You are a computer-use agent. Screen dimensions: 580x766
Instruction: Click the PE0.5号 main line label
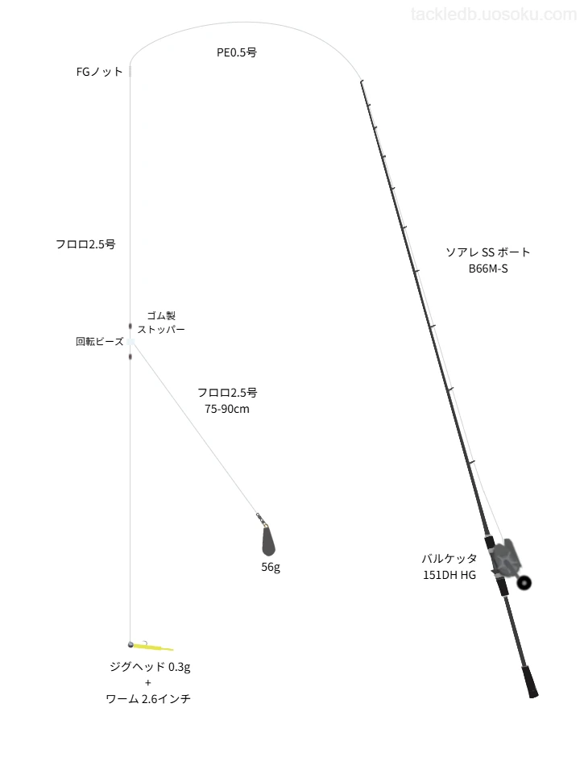click(237, 52)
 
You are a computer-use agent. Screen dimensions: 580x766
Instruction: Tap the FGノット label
click(100, 72)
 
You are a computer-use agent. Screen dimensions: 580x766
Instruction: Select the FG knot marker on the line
click(130, 71)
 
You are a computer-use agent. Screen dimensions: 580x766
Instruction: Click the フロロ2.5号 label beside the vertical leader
click(85, 244)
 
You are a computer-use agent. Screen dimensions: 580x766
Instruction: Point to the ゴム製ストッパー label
click(161, 323)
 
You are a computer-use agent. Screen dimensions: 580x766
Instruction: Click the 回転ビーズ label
click(100, 342)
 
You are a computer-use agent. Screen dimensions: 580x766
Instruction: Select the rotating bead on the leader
click(130, 342)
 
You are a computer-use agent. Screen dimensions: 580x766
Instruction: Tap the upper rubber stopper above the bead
click(130, 326)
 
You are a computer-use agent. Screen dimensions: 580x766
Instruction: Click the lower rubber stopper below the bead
click(130, 356)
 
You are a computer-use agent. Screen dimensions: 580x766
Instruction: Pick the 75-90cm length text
click(227, 409)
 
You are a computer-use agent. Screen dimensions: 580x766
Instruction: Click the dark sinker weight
click(268, 541)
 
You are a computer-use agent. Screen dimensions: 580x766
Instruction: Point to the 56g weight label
click(271, 567)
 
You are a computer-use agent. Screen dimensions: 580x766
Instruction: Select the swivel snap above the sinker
click(261, 519)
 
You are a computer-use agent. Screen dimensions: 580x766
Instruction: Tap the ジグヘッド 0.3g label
click(150, 667)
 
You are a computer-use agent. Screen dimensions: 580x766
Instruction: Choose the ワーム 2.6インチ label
click(148, 699)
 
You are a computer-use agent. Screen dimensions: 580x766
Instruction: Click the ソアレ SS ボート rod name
click(487, 252)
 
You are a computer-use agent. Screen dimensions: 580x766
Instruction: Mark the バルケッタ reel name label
click(449, 559)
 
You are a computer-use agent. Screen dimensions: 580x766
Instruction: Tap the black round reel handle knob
click(524, 582)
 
